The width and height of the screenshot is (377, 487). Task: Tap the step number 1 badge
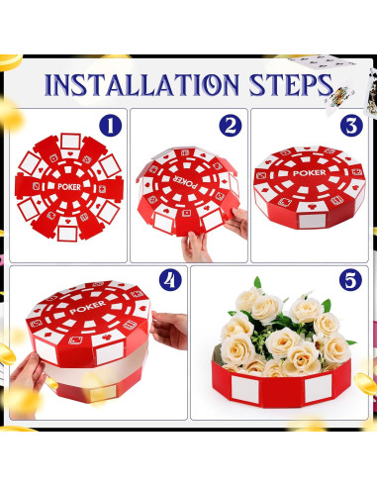(x=112, y=125)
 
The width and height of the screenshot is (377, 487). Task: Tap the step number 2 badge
(x=231, y=125)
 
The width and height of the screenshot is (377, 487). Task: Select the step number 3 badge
(x=350, y=125)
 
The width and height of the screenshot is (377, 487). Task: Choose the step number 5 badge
(x=350, y=281)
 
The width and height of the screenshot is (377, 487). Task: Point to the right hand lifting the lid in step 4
(x=169, y=329)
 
